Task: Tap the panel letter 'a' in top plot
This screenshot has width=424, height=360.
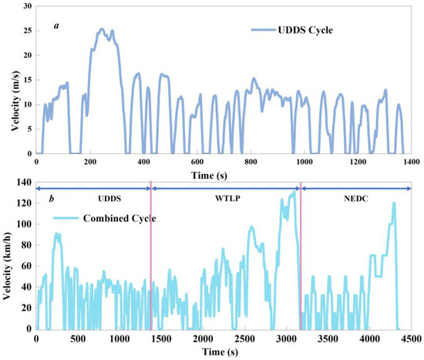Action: [x=56, y=25]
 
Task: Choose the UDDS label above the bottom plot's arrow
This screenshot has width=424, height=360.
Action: [x=94, y=198]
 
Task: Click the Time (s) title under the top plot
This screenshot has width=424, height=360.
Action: [x=224, y=176]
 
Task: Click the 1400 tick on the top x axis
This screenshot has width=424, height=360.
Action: [x=410, y=163]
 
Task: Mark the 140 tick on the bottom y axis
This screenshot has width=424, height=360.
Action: [x=24, y=183]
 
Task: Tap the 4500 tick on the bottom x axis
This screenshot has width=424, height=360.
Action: [x=410, y=339]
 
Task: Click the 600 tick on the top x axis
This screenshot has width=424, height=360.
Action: [x=197, y=163]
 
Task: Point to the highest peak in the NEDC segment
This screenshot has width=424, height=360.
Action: [x=394, y=204]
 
